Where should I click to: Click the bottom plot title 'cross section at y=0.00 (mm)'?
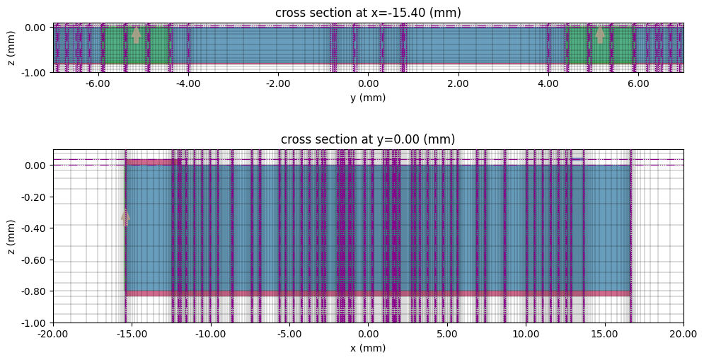pos(367,139)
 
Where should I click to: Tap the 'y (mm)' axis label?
pos(367,98)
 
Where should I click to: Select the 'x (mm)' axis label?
pos(367,349)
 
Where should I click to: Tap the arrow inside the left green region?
pos(137,35)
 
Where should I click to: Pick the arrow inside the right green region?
pos(600,35)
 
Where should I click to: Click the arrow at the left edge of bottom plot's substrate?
pos(125,218)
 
